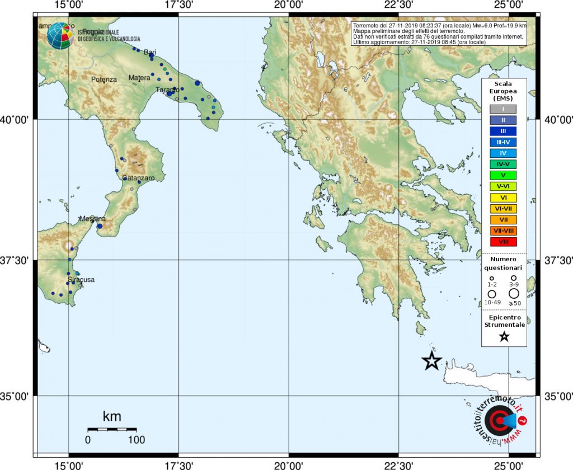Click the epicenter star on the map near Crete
coord(431,361)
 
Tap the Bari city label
coord(150,52)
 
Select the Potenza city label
coord(104,79)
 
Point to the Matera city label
coord(139,78)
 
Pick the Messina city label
coord(92,219)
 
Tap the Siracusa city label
coord(81,279)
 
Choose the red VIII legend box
coord(504,242)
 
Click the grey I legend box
coord(504,109)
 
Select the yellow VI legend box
coord(504,198)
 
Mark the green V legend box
coord(504,175)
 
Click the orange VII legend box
coord(504,219)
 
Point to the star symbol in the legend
coord(504,336)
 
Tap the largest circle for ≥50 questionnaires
coord(514,293)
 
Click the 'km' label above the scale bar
coord(112,416)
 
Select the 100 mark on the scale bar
coord(136,440)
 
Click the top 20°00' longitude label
coord(289,5)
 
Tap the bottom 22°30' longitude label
coord(398,464)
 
